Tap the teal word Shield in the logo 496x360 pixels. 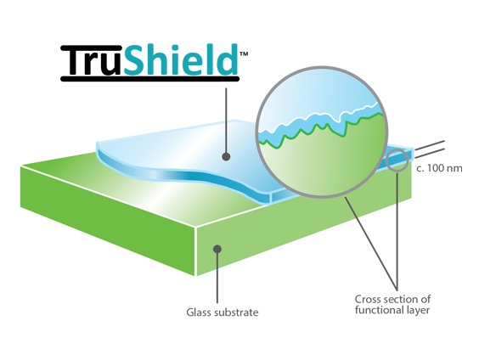pos(181,59)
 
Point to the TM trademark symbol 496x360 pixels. pos(244,53)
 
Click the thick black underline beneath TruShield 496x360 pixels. pos(150,79)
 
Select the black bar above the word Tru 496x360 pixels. pos(92,48)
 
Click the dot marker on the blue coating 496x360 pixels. pos(226,156)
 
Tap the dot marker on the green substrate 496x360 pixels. pos(217,249)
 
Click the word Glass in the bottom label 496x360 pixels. pos(199,312)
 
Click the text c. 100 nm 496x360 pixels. pos(439,168)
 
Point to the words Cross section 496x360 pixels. pos(384,299)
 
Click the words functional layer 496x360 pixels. pos(392,310)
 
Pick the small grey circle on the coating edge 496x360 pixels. pos(397,160)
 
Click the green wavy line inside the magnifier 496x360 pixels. pos(323,128)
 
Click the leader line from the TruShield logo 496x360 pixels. pos(226,121)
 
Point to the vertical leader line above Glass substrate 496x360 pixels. pos(217,276)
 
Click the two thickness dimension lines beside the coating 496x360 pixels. pos(429,149)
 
